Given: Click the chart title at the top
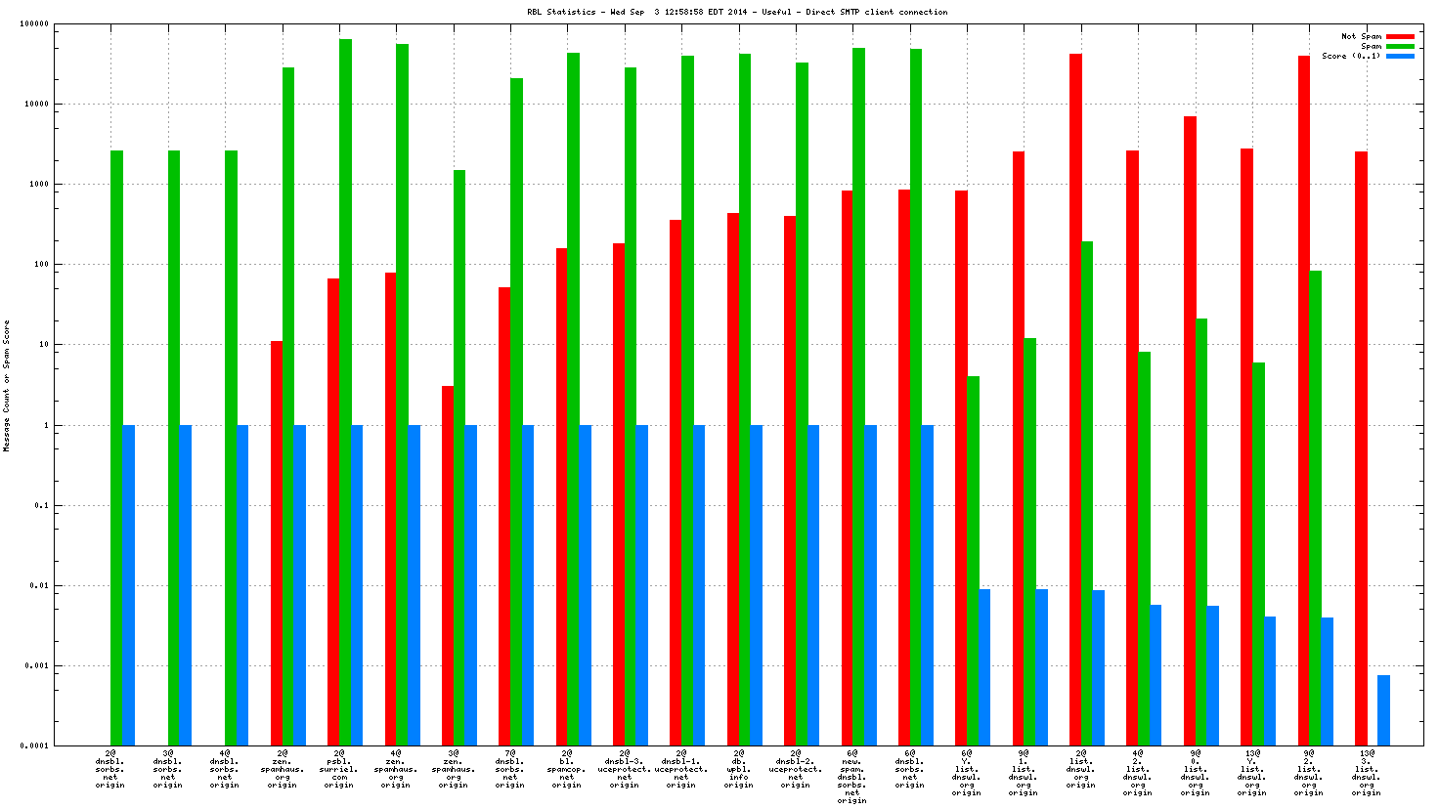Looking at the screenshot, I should pos(737,12).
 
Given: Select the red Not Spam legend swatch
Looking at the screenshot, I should pos(1400,36).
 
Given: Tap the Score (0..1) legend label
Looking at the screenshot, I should pos(1351,56).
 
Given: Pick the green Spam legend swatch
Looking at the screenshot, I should pos(1400,46).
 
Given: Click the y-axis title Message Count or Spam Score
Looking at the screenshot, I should pos(7,386).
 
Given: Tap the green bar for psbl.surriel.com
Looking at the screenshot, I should pos(345,391).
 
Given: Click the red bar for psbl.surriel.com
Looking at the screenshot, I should pos(333,512).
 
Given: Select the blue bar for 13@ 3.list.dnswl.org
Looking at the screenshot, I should pos(1383,710).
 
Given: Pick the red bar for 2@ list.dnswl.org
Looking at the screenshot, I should pos(1075,400).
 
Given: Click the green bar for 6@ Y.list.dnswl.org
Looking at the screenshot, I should pos(973,561).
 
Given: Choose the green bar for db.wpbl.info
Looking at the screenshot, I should pos(744,400).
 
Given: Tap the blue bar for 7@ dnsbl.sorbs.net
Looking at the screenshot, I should pos(528,585).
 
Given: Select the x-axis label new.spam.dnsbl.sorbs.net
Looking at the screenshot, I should pos(852,777).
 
